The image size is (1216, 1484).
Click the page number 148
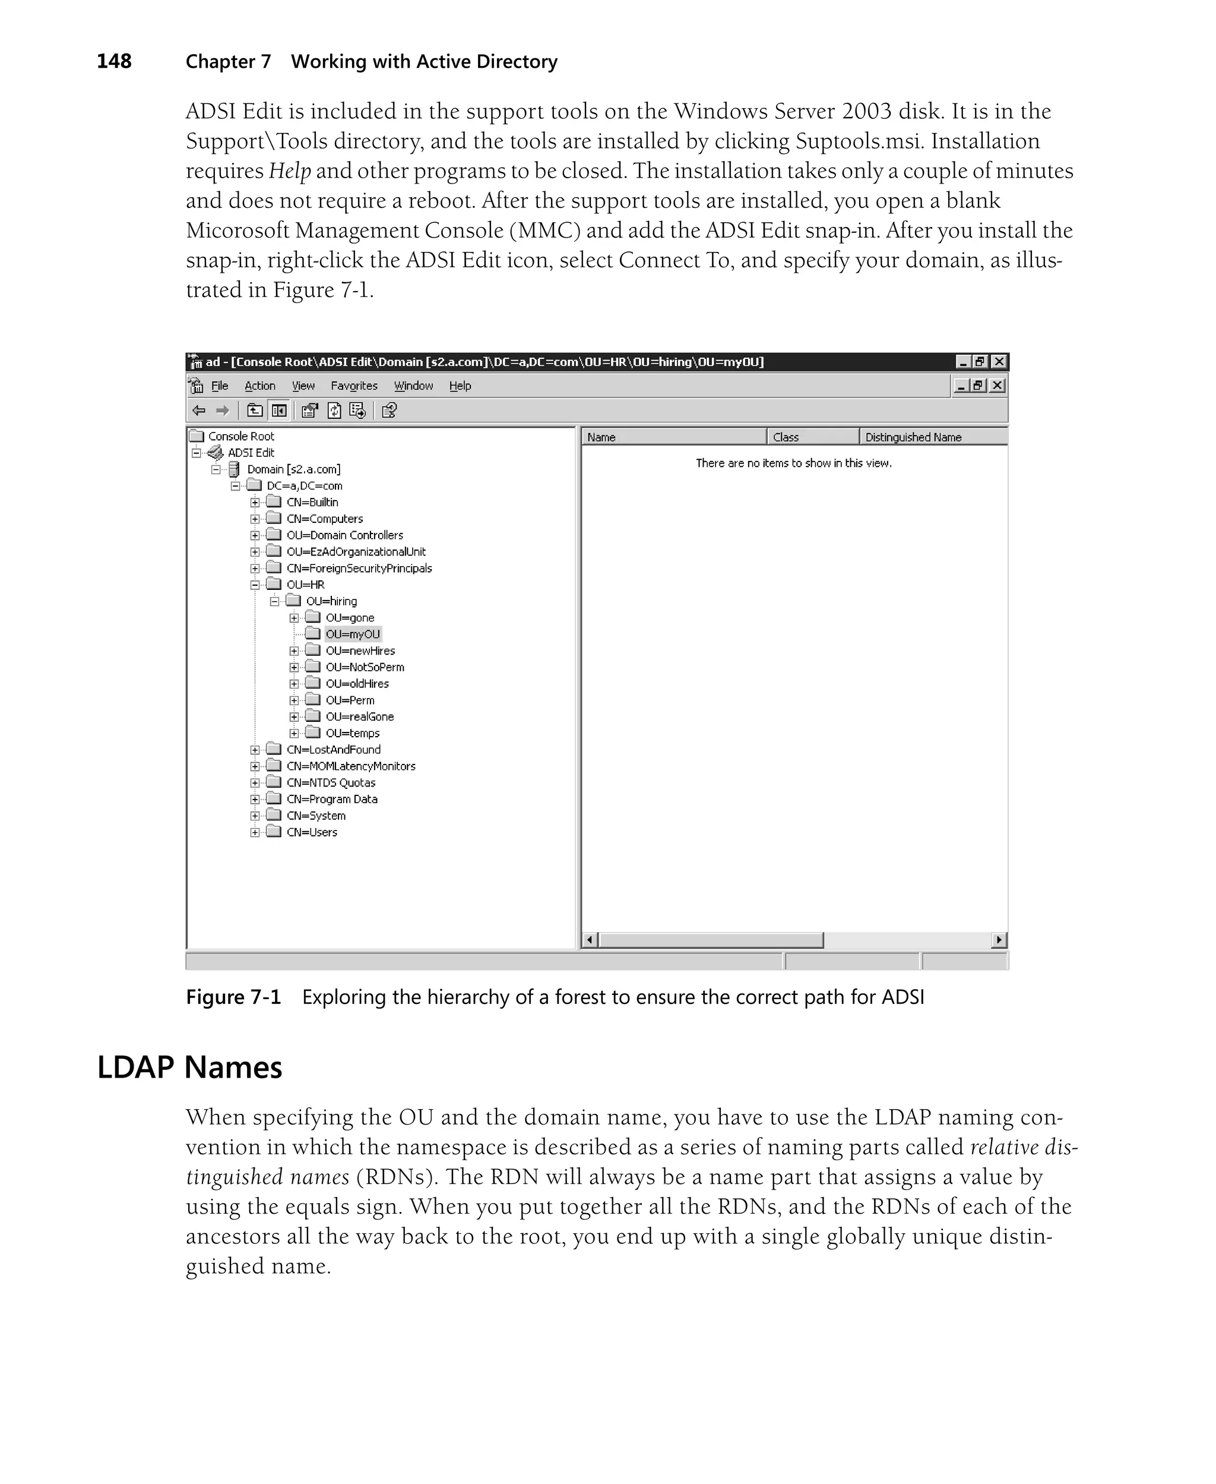click(113, 62)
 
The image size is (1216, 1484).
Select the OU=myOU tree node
click(352, 634)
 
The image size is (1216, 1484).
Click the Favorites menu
click(354, 386)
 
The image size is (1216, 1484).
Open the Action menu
click(259, 386)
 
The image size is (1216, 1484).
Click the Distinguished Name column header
click(913, 437)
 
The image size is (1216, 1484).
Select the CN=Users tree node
click(312, 832)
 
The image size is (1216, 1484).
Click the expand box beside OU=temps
click(294, 734)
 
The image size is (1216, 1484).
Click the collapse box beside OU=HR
click(255, 585)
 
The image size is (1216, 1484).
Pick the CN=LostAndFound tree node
click(334, 750)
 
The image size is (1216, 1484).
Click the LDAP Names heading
click(189, 1067)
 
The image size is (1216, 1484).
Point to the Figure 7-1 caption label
click(233, 997)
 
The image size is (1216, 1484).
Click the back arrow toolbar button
click(199, 411)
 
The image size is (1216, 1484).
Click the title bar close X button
click(999, 362)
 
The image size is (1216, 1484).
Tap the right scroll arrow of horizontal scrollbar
click(999, 940)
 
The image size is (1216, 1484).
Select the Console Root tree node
click(241, 437)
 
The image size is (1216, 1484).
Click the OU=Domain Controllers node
click(344, 535)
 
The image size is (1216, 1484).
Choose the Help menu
click(460, 386)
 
